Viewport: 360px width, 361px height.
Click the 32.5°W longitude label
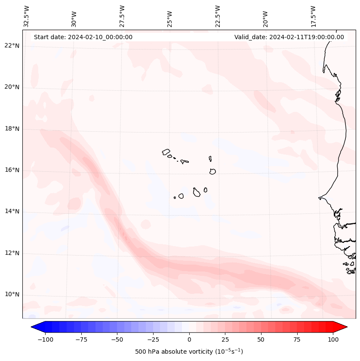point(27,16)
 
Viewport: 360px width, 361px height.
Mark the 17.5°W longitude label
point(313,16)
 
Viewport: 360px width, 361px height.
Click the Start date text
point(83,37)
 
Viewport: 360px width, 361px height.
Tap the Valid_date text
point(289,37)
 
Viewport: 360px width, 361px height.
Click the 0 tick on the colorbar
point(189,339)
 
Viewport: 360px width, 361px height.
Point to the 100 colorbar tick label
point(333,339)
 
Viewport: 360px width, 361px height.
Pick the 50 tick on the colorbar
point(261,339)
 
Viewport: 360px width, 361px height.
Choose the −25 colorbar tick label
point(153,339)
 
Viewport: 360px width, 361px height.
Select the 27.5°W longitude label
point(122,16)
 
